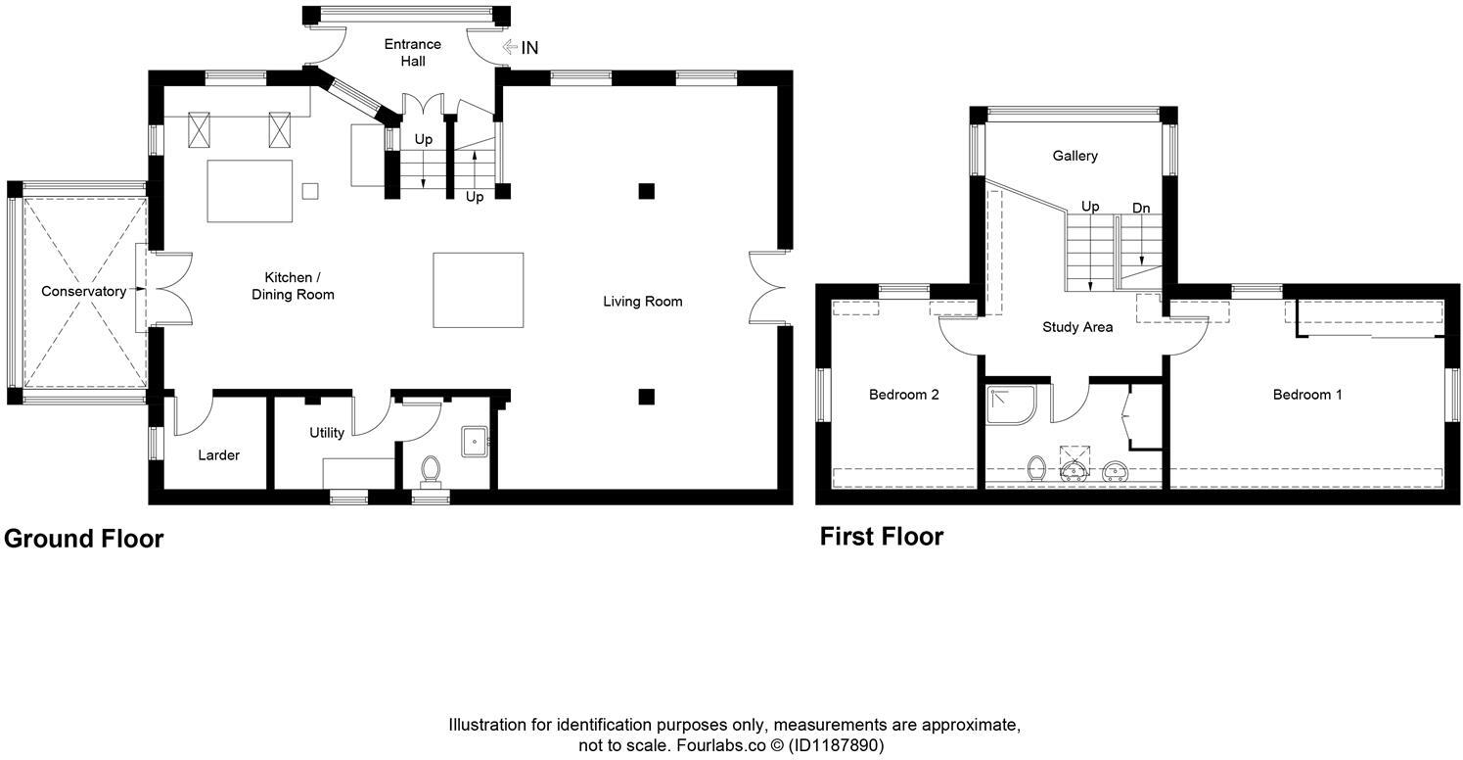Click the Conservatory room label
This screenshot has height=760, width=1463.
[x=83, y=291]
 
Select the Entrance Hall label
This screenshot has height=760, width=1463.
[x=412, y=52]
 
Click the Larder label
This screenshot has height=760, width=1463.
[x=218, y=454]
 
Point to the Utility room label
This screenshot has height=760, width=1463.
[x=327, y=432]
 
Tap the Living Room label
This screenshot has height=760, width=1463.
[x=642, y=301]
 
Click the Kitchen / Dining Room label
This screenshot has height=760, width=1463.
[x=293, y=286]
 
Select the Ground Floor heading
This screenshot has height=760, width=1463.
[x=83, y=539]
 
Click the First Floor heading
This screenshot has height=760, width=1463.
[x=882, y=537]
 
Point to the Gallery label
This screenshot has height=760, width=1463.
[x=1074, y=156]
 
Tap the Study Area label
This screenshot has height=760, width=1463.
[x=1076, y=327]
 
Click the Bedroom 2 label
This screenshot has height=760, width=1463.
[x=904, y=395]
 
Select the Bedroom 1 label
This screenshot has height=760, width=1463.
[x=1307, y=395]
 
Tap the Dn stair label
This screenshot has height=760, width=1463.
[x=1141, y=208]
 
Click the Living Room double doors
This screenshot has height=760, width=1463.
[x=767, y=287]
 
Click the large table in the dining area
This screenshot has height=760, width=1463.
[x=478, y=290]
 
